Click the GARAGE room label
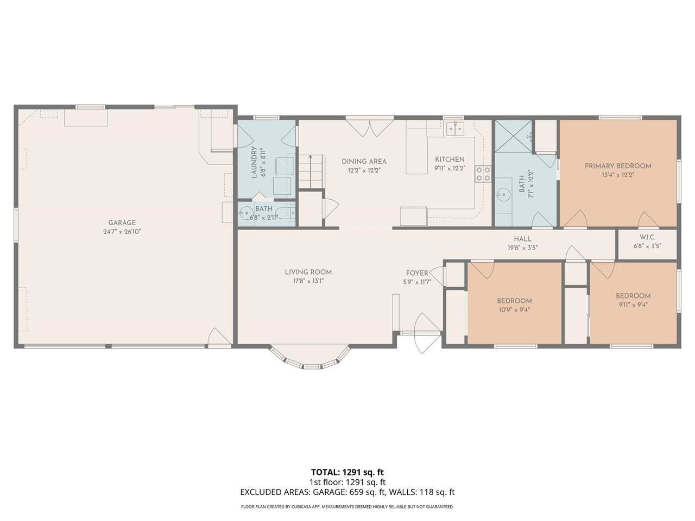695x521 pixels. coord(122,223)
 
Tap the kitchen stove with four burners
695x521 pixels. coord(483,174)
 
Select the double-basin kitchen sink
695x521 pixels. coord(455,129)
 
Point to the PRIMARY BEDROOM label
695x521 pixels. coord(618,166)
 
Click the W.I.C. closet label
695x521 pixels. coord(647,237)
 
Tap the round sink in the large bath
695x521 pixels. coord(503,194)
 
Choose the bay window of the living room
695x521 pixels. coord(310,358)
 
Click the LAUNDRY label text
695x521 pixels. coord(254,162)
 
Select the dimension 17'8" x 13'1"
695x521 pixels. coord(308,281)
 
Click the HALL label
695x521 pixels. coord(522,239)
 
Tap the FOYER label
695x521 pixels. coord(417,273)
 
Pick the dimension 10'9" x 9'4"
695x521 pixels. coord(514,310)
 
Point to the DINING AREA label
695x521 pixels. coord(364,161)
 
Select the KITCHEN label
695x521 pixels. coord(450,160)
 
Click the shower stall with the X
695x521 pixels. coord(513,136)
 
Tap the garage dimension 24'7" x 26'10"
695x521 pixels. coord(122,232)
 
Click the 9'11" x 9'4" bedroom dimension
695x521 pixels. coord(633,304)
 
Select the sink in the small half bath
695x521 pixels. coord(245,213)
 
